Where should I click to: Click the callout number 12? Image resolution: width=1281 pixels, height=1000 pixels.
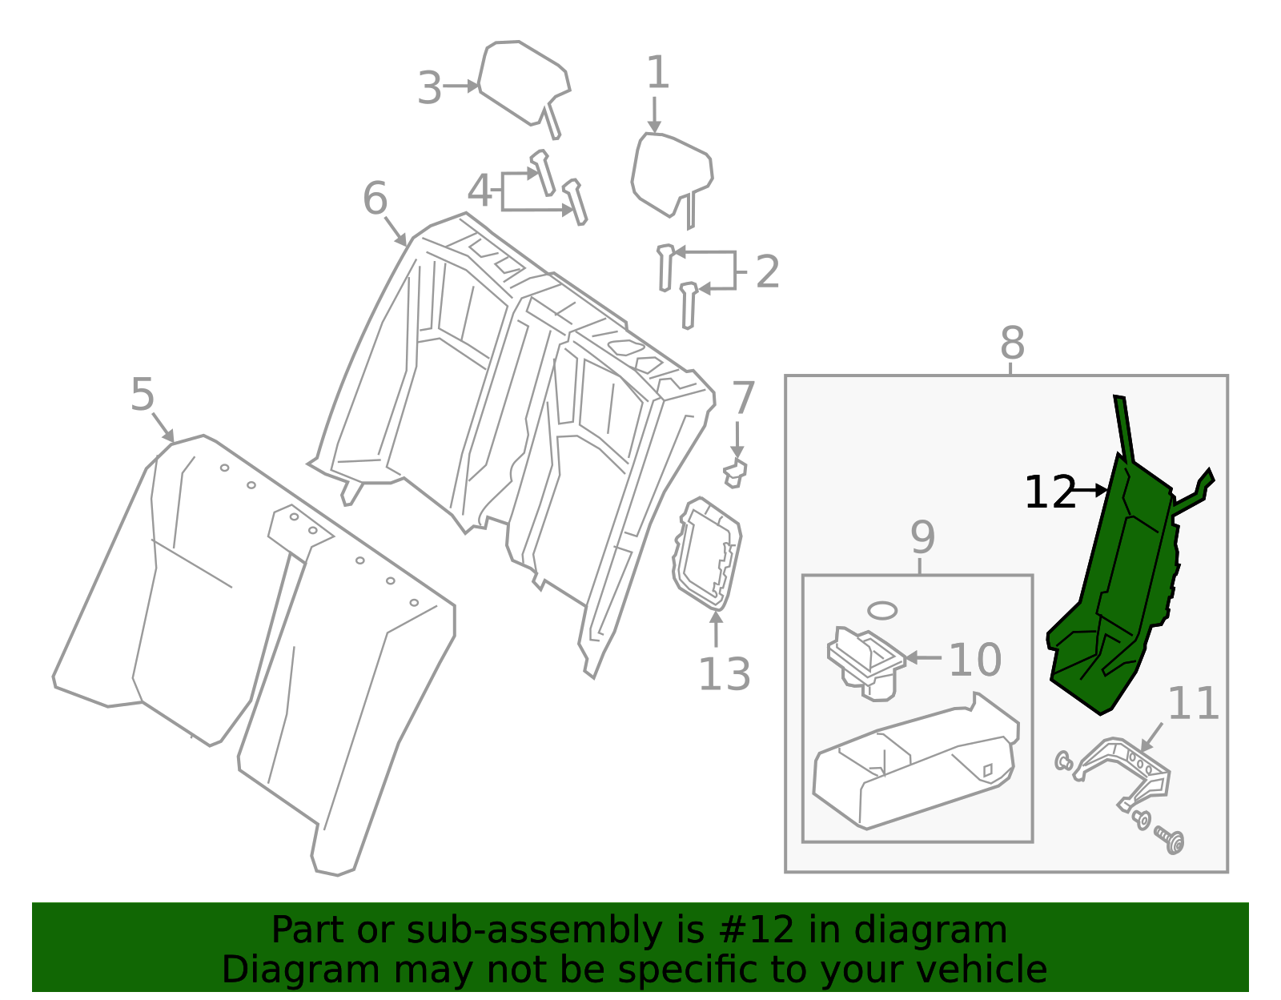pos(1050,492)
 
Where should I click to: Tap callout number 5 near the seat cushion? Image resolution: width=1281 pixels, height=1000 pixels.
pos(142,395)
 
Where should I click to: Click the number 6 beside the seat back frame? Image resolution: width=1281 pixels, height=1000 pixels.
pos(375,199)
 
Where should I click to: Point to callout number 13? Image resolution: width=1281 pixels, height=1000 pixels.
pos(724,674)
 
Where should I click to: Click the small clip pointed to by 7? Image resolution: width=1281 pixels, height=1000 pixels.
pos(734,474)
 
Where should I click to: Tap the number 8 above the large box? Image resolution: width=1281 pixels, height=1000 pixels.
pos(1012,343)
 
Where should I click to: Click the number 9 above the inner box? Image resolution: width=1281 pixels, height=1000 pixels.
pos(922,537)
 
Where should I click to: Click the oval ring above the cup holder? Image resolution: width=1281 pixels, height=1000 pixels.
pos(882,610)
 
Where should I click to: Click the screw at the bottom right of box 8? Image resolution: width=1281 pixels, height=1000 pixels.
pos(1171,840)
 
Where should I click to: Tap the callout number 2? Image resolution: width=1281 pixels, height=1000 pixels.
pos(767,272)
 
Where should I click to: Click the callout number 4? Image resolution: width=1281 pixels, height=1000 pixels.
pos(479,191)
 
